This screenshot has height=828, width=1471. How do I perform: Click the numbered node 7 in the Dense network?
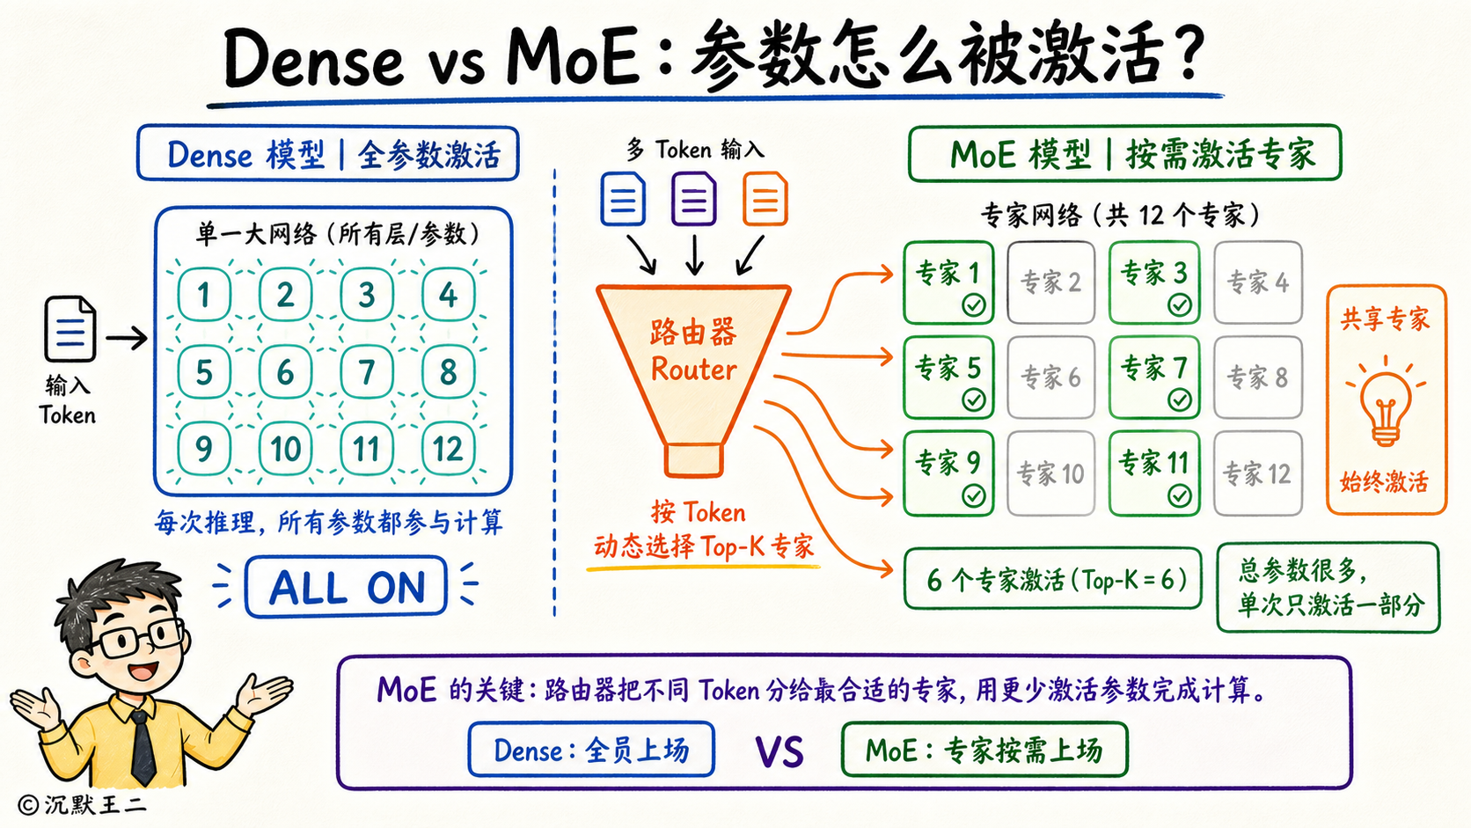point(367,371)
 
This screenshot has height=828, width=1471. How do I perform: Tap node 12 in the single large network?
point(448,449)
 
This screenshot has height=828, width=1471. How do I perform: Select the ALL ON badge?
point(346,586)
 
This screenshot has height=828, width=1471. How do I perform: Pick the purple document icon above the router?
point(693,199)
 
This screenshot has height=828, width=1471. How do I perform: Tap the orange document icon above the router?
point(765,199)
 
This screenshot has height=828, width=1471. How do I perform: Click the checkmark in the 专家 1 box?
point(973,304)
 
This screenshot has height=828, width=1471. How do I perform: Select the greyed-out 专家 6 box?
point(1050,377)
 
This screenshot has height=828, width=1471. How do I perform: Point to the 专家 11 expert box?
point(1154,473)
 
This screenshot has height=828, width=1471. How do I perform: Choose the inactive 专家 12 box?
point(1257,473)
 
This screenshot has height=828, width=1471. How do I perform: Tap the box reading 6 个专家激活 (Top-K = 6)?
point(1053,579)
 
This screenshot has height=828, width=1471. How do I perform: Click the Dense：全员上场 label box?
point(591,749)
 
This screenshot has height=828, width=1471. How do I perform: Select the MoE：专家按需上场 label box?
point(984,749)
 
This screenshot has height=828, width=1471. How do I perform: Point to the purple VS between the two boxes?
point(779,751)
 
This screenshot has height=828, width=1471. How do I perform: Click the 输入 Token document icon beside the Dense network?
point(70,329)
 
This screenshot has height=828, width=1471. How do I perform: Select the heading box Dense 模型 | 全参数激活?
point(328,154)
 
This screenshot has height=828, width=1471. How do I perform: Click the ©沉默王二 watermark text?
point(82,804)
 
